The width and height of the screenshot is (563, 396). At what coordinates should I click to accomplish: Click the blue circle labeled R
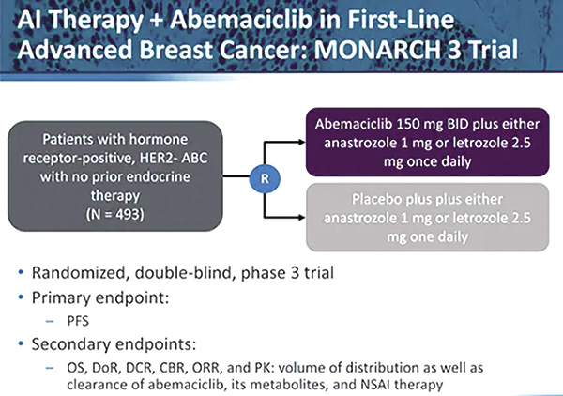coord(265,178)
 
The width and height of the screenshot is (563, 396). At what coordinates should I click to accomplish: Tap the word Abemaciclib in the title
coord(241,20)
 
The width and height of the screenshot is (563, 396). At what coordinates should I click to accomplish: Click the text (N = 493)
coord(114,214)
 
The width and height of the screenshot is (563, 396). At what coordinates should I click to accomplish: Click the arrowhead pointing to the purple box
coord(301,142)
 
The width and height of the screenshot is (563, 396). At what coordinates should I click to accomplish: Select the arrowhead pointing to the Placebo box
coord(301,217)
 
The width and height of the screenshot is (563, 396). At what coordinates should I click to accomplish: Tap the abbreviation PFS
coord(78,321)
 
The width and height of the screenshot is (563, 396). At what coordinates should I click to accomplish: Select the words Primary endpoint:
coord(100,298)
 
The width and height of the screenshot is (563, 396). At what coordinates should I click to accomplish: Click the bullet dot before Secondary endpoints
coord(21,344)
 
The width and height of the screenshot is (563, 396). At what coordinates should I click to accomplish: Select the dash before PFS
coord(50,321)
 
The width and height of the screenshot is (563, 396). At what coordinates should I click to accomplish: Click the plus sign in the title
coord(156,21)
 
